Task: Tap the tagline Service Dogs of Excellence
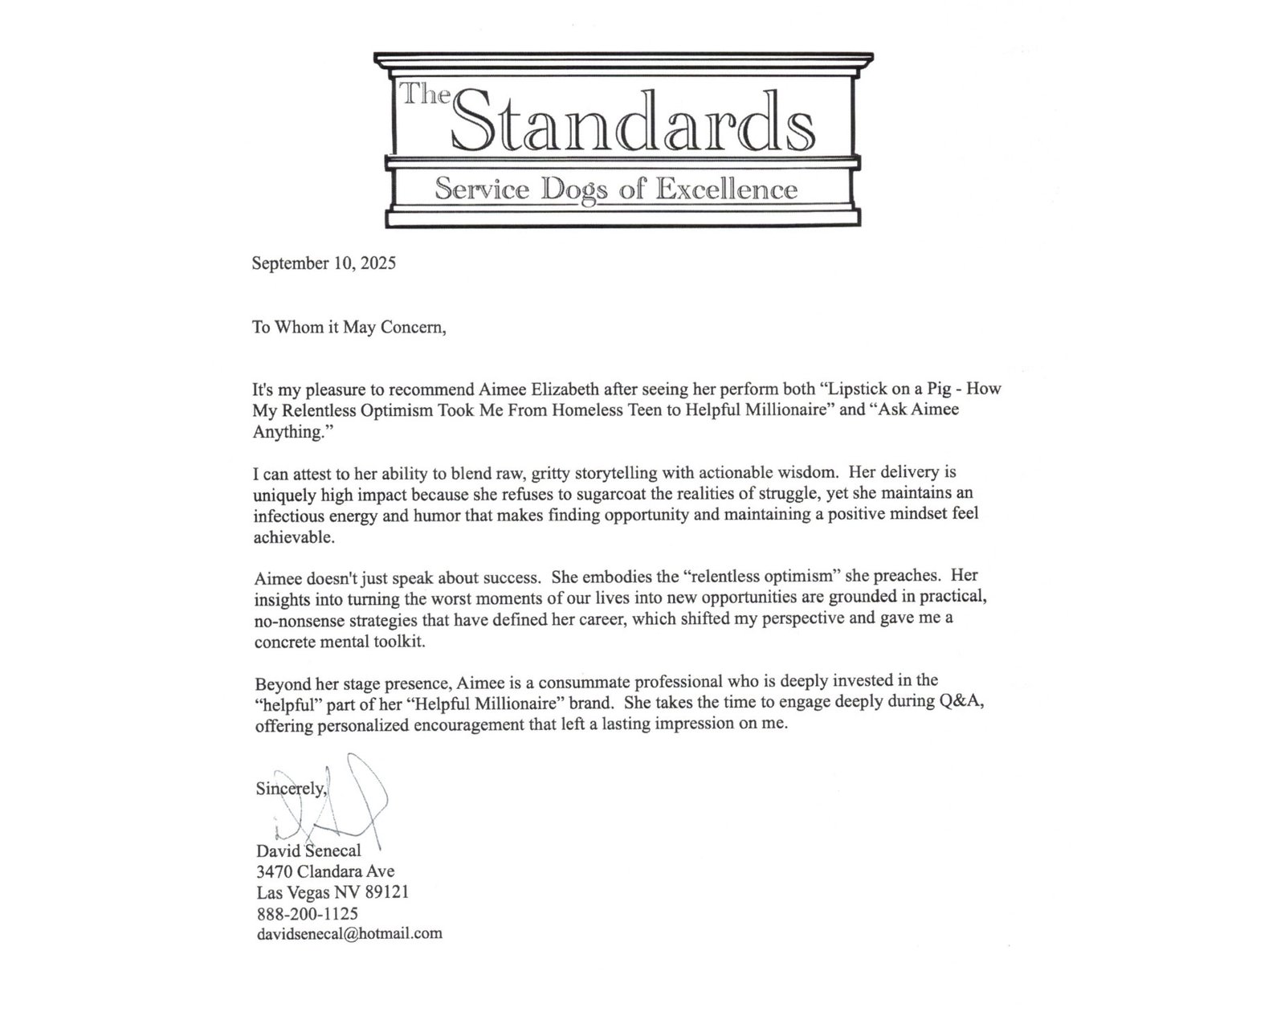point(616,190)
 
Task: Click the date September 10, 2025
point(324,263)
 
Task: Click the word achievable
point(293,536)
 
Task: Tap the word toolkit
point(406,642)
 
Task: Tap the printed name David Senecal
point(308,850)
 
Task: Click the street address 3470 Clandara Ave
point(325,871)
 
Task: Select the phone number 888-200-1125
point(307,913)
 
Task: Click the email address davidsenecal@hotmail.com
point(349,933)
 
